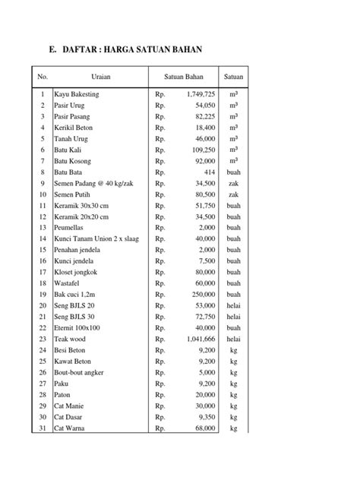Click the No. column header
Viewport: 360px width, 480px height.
pyautogui.click(x=43, y=76)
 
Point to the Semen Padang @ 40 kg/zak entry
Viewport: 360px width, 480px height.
pyautogui.click(x=93, y=184)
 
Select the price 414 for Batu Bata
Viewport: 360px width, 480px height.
pyautogui.click(x=209, y=172)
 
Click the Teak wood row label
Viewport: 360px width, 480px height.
pyautogui.click(x=71, y=339)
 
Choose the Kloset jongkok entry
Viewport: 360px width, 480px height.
pyautogui.click(x=78, y=273)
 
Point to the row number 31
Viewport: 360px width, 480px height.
pyautogui.click(x=43, y=429)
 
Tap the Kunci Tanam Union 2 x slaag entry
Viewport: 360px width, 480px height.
pyautogui.click(x=96, y=239)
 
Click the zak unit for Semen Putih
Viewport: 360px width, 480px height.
pyautogui.click(x=233, y=194)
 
